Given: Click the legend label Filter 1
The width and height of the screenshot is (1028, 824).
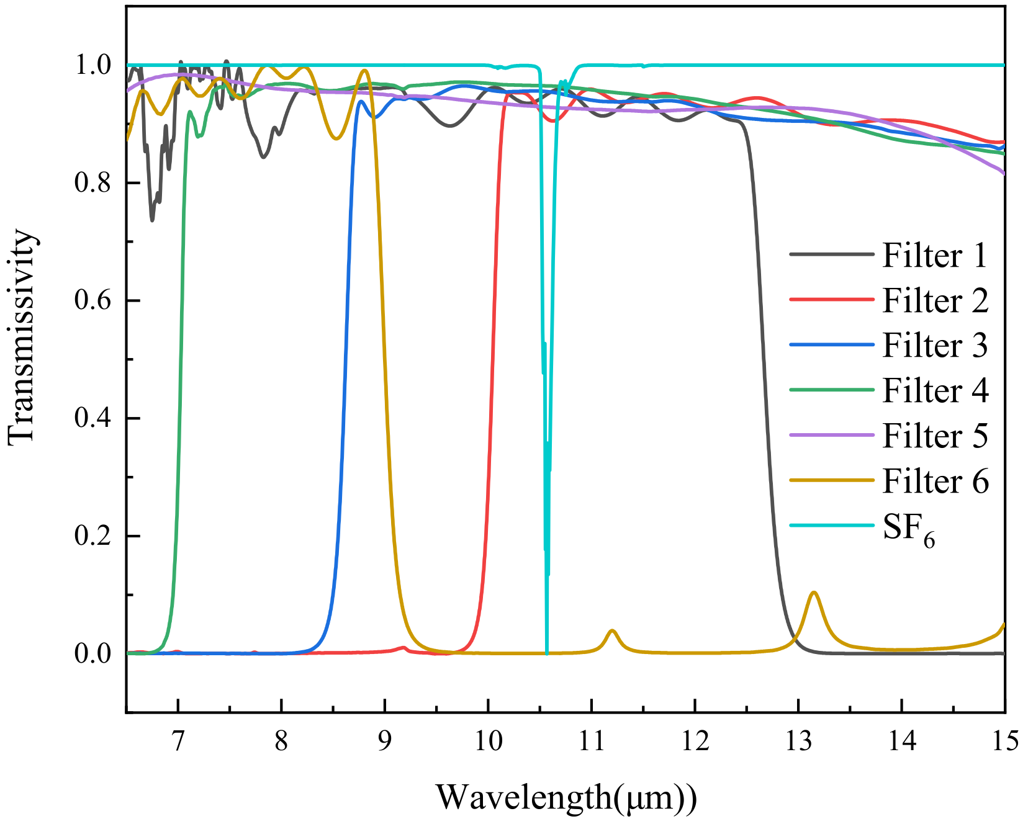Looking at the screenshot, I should click(934, 255).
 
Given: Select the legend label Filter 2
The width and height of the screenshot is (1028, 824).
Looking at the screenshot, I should click(935, 300).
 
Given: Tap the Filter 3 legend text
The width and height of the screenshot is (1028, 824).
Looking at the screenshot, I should click(935, 346).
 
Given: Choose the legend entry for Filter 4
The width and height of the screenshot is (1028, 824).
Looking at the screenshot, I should click(935, 390).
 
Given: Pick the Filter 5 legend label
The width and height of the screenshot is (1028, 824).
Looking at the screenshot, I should click(935, 436).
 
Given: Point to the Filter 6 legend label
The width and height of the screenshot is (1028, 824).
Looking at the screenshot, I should click(935, 481).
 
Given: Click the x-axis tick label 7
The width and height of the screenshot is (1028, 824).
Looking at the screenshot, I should click(178, 741).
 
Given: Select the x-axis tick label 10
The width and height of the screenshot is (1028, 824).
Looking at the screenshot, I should click(488, 741).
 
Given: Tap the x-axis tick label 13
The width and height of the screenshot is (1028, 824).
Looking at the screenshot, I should click(798, 741).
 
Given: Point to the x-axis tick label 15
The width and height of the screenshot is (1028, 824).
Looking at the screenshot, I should click(1004, 741).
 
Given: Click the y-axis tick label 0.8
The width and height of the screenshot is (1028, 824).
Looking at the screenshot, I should click(93, 183).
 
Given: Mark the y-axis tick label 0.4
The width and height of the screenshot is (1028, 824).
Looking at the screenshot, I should click(93, 418).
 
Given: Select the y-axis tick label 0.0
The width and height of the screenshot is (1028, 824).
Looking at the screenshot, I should click(93, 653).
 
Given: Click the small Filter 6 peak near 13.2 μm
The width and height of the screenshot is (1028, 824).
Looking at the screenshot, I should click(813, 593).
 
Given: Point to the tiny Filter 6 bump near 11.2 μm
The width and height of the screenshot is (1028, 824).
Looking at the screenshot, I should click(613, 630).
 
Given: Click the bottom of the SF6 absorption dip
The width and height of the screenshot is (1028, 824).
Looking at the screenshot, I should click(546, 652).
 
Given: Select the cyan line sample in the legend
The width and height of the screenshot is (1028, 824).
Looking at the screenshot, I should click(832, 525).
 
